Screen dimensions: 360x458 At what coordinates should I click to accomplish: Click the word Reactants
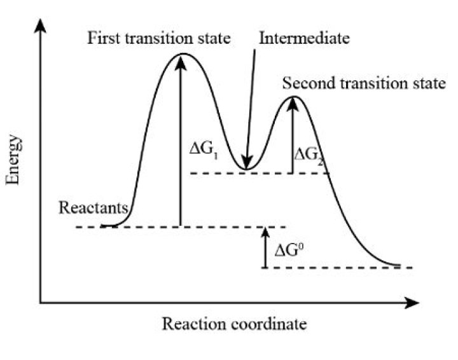click(94, 209)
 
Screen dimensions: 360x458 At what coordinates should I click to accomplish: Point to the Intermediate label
click(304, 38)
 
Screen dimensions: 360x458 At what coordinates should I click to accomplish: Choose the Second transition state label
click(364, 83)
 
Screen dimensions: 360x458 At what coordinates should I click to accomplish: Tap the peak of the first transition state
click(182, 54)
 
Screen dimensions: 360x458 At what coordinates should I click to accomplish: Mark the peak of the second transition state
click(293, 97)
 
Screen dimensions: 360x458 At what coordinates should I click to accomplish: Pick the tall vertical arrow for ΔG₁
click(181, 140)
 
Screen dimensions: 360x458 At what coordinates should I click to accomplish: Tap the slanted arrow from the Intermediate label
click(252, 108)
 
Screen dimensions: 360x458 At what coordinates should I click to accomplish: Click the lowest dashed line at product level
click(337, 268)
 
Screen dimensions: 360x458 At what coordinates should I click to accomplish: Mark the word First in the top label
click(102, 38)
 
